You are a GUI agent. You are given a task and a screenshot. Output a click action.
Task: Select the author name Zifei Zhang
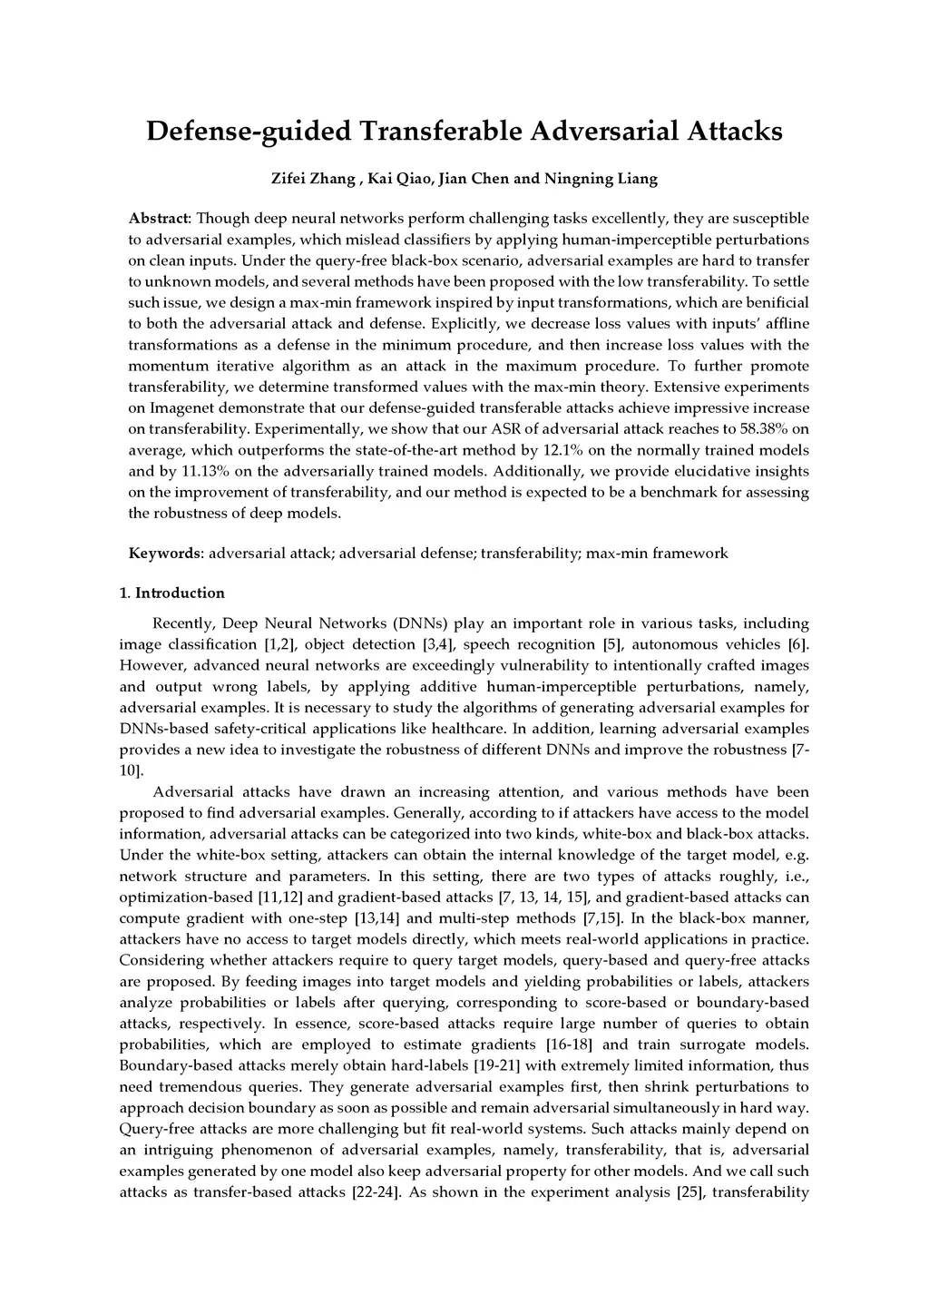(x=313, y=179)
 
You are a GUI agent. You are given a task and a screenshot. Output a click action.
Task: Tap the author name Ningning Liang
(x=601, y=179)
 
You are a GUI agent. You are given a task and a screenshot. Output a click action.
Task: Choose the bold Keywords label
(x=164, y=554)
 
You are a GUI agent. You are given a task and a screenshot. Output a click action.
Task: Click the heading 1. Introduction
(x=172, y=593)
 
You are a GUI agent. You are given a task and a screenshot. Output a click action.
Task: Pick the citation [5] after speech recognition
(x=612, y=645)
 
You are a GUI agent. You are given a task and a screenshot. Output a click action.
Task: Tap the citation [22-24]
(x=376, y=1192)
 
